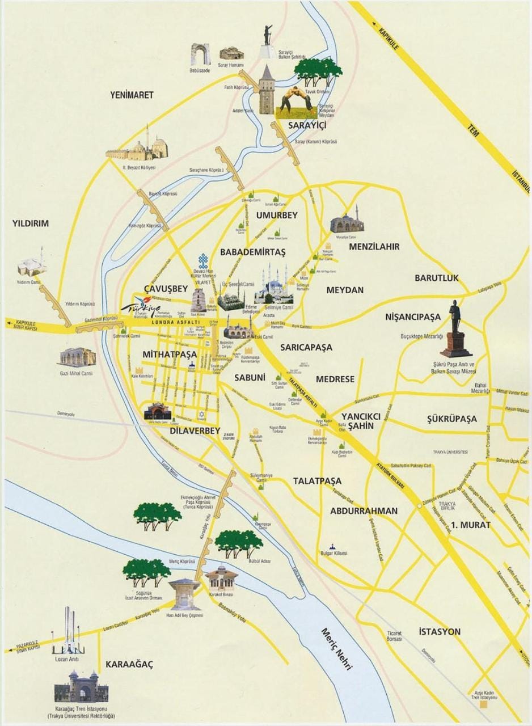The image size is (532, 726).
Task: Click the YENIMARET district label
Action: click(x=132, y=95)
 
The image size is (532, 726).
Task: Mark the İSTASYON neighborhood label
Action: click(x=439, y=631)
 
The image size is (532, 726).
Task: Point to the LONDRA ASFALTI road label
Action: click(x=176, y=322)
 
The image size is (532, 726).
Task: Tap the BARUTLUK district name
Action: click(x=436, y=278)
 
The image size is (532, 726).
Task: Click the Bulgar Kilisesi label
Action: click(x=334, y=553)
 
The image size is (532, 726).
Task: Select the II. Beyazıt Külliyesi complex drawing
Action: click(x=138, y=149)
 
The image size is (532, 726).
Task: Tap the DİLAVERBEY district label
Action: click(x=194, y=431)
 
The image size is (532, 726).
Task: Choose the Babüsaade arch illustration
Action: click(x=200, y=56)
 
